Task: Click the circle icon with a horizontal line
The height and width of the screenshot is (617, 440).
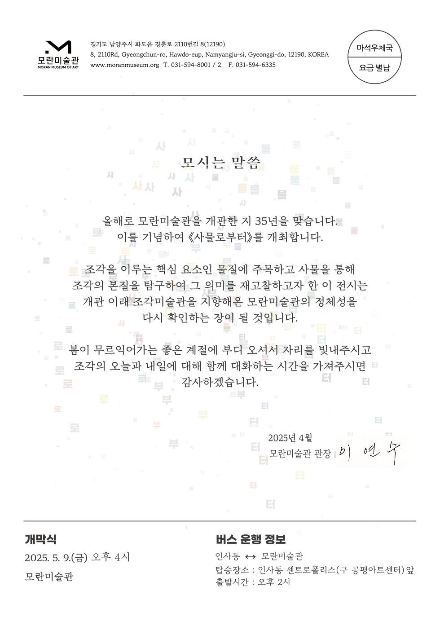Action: [x=374, y=57]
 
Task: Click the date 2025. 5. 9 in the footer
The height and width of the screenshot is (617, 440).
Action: [x=47, y=558]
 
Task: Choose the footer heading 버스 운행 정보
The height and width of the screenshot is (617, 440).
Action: [x=250, y=539]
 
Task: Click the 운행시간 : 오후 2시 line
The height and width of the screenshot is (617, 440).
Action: [x=252, y=582]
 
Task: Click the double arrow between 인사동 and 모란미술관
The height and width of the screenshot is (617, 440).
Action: [x=250, y=557]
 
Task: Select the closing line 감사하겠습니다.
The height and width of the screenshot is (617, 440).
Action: [x=220, y=382]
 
